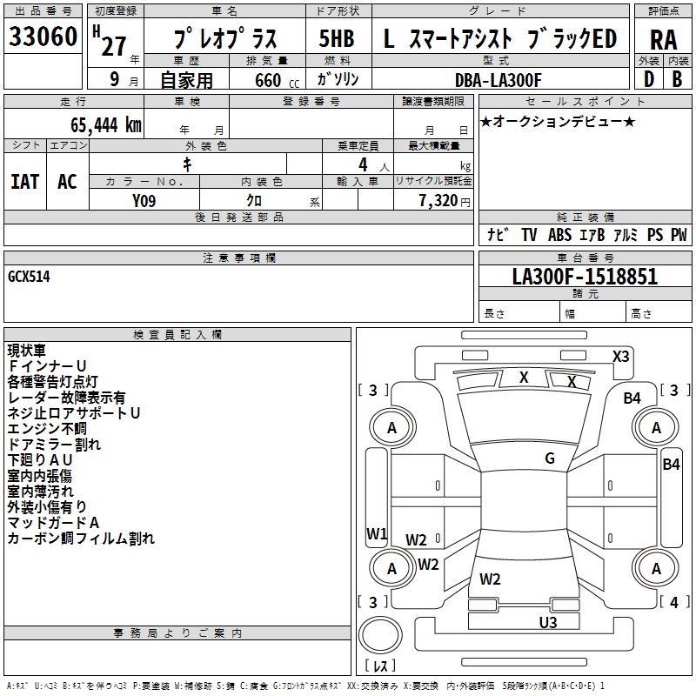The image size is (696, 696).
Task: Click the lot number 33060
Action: (x=42, y=37)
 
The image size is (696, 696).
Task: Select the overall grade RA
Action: (x=663, y=40)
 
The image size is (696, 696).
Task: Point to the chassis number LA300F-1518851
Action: (x=585, y=277)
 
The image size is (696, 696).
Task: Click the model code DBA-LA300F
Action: (x=498, y=80)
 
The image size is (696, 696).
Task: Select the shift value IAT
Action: (x=25, y=182)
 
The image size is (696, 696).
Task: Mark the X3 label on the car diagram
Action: (x=620, y=356)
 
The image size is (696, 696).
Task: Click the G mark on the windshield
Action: (x=549, y=458)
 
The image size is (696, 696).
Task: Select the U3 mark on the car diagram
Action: (x=547, y=622)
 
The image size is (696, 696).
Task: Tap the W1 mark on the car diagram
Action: (x=376, y=533)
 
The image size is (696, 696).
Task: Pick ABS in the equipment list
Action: (x=559, y=235)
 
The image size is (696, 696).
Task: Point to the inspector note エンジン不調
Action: (x=47, y=428)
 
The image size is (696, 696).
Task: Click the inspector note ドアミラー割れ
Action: (x=54, y=444)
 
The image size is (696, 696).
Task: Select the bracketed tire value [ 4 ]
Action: (x=674, y=602)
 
